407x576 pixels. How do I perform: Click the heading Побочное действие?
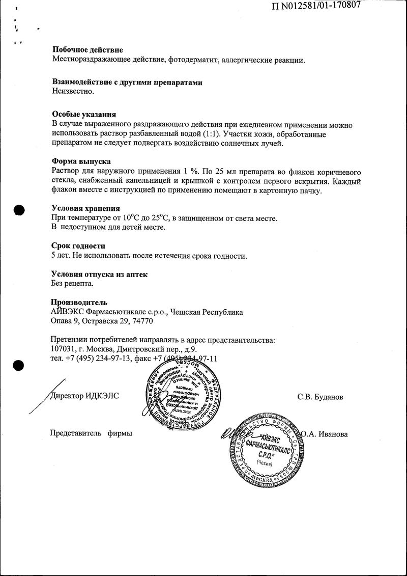(x=88, y=50)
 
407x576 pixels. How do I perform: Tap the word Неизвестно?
(x=73, y=92)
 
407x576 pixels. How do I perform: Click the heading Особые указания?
(x=84, y=115)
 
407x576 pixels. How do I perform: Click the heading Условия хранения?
(x=86, y=208)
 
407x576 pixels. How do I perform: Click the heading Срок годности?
(x=78, y=246)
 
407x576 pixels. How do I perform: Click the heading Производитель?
(x=79, y=303)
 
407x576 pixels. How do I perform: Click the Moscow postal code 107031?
(x=65, y=349)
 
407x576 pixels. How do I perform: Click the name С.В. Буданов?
(x=320, y=397)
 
